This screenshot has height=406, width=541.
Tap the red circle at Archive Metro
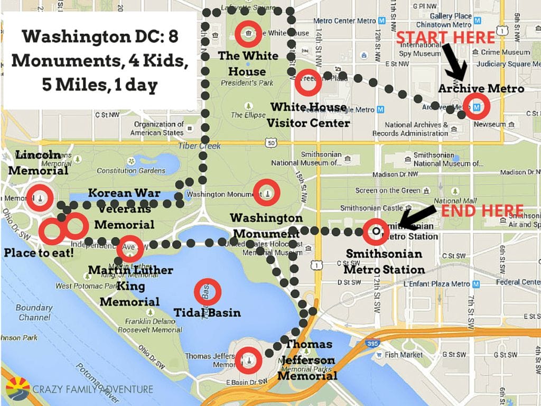pos(477,107)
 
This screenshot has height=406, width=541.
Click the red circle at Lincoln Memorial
pos(40,198)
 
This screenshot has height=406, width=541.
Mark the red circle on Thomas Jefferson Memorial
pos(247,359)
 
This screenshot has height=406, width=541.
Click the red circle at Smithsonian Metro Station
pos(376,232)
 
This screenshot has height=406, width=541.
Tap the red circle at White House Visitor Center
pos(307,82)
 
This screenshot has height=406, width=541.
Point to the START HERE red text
pos(445,38)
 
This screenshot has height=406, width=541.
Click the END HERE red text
pos(482,210)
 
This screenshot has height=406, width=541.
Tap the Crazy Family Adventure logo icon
pos(17,389)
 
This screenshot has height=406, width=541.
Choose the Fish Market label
pos(404,355)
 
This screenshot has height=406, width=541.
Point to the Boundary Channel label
pos(34,312)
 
